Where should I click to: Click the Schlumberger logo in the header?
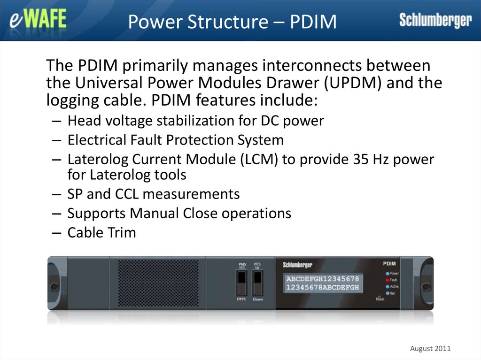click(435, 20)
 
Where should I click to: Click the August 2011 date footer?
click(430, 348)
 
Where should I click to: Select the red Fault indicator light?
click(387, 280)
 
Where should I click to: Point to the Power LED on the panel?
click(387, 273)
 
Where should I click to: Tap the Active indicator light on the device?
click(387, 286)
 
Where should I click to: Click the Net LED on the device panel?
click(387, 293)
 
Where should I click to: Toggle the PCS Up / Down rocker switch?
click(257, 283)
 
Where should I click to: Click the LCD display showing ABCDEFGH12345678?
click(323, 283)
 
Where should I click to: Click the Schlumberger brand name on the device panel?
click(297, 265)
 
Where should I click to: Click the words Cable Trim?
click(101, 232)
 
